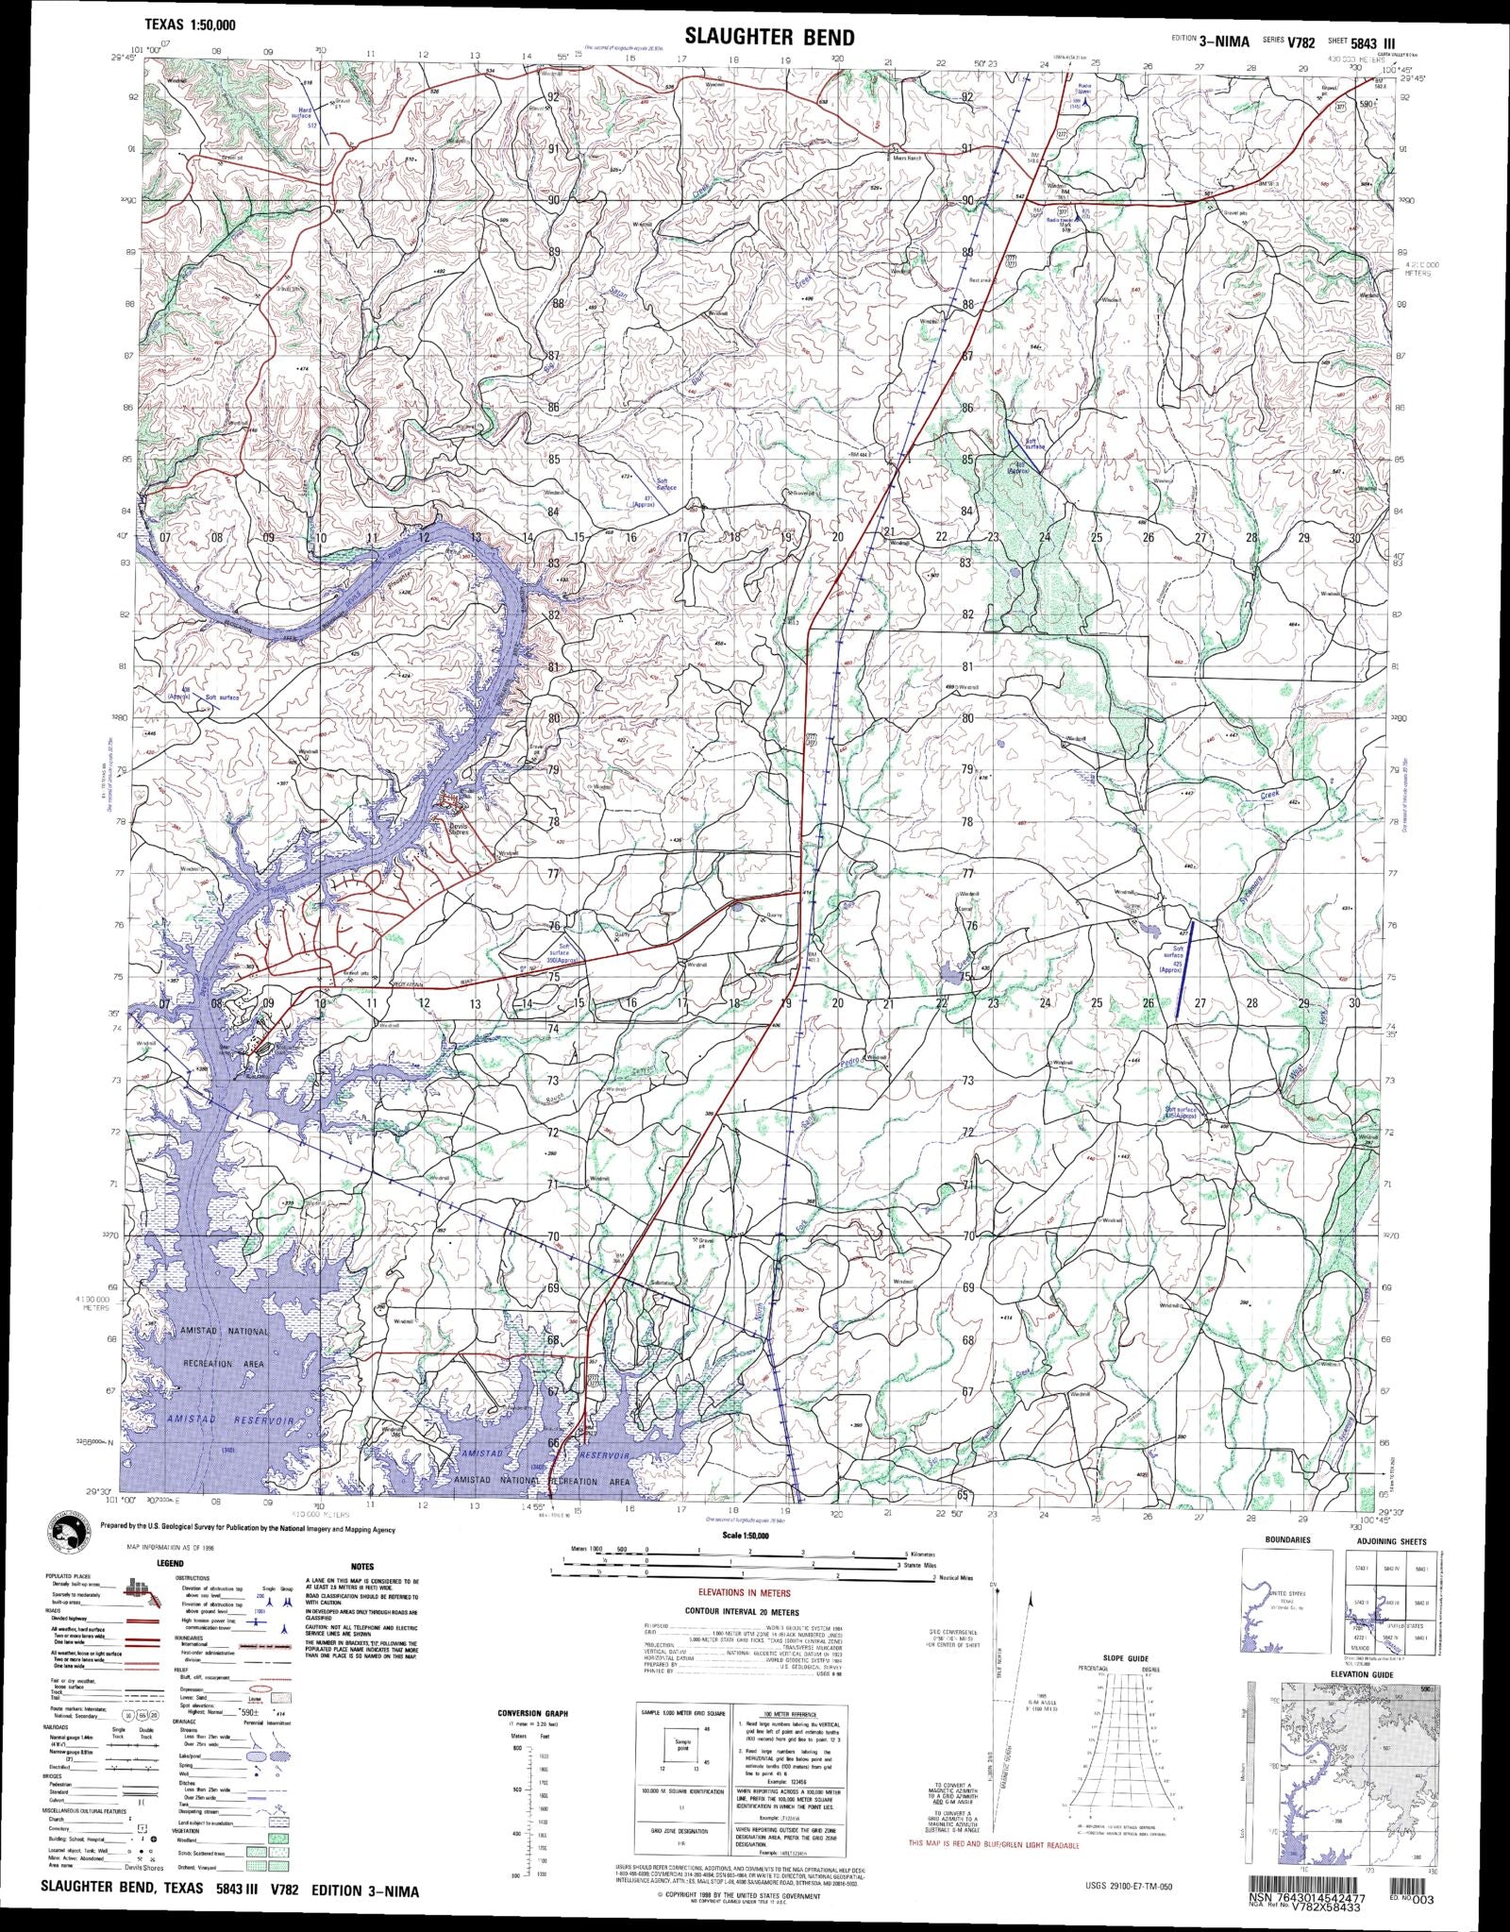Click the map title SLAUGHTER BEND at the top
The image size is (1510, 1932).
(769, 37)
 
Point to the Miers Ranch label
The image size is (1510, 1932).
(908, 158)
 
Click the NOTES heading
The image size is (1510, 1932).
(361, 1566)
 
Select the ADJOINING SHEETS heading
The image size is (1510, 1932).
(1390, 1541)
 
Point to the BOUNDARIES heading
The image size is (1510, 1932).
(1287, 1539)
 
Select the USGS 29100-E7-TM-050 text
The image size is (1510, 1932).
(1123, 1906)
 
